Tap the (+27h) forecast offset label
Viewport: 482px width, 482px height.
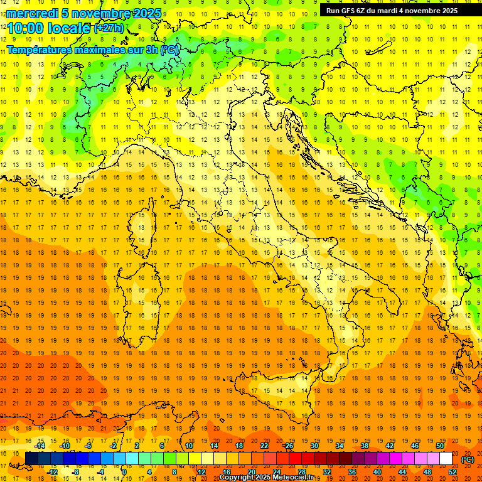(108, 28)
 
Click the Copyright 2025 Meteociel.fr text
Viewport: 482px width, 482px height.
(266, 478)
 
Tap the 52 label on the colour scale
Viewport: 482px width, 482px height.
(453, 472)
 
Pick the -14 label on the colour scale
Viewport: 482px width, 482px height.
(40, 446)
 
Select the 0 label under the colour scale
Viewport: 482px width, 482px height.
(124, 472)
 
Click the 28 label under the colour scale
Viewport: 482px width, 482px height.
(301, 472)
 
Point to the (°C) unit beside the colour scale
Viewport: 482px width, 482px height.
(468, 459)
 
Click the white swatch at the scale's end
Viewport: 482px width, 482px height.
(446, 459)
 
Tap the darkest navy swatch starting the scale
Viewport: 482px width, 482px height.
(31, 459)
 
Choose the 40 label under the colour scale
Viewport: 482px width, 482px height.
(377, 472)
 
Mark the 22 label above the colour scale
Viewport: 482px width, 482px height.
(264, 446)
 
